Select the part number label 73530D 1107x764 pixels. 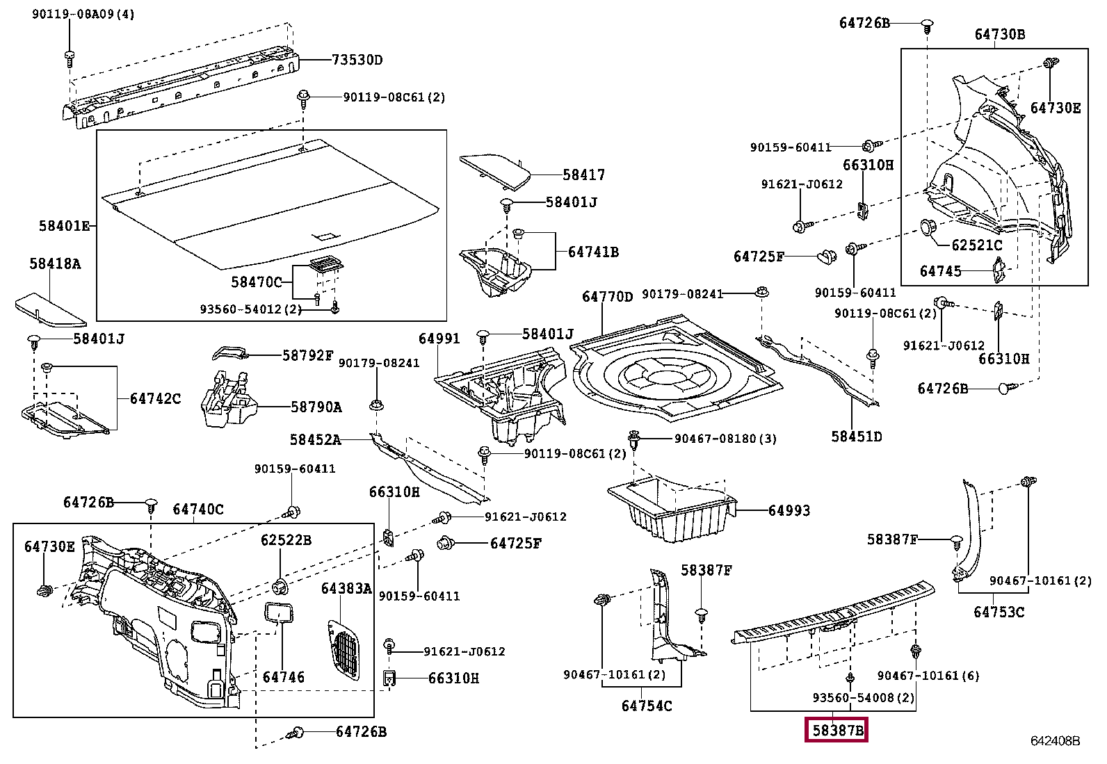(x=357, y=60)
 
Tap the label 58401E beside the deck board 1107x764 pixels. (x=64, y=226)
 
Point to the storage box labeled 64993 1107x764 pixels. (x=671, y=507)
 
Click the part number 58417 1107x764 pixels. (x=583, y=175)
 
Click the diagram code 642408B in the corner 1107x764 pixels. (x=1055, y=741)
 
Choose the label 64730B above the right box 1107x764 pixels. (x=999, y=34)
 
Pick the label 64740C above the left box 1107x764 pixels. (x=198, y=510)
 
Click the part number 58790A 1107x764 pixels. (x=316, y=407)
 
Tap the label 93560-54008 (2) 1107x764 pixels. (x=863, y=697)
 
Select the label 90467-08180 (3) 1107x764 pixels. (x=725, y=439)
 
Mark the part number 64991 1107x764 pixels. (x=439, y=339)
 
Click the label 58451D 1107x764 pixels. (x=856, y=437)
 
